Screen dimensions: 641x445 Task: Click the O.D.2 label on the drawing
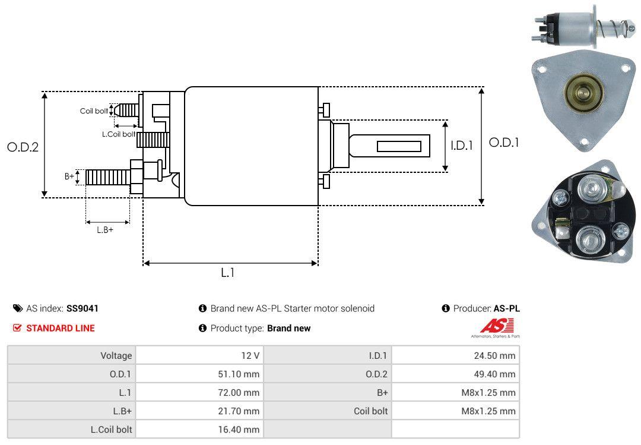(23, 147)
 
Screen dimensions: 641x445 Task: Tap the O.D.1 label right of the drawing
(504, 143)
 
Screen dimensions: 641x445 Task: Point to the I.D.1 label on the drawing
(462, 146)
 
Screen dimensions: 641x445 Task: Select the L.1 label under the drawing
(228, 273)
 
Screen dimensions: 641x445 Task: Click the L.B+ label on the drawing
(105, 230)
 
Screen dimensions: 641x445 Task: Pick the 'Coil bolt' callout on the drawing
(94, 111)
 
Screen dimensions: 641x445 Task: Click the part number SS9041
(82, 308)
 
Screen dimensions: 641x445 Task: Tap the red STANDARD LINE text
(61, 328)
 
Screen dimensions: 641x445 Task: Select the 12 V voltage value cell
(200, 355)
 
